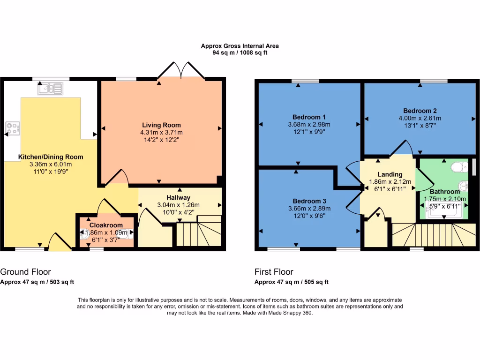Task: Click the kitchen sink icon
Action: (51, 88)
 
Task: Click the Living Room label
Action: (162, 125)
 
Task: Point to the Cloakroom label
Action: (106, 225)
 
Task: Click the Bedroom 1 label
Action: (309, 117)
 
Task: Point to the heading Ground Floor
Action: (25, 272)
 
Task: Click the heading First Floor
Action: (274, 272)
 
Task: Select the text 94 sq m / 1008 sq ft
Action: (240, 53)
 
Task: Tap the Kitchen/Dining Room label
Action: (50, 157)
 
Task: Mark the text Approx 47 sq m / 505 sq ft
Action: (291, 282)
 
